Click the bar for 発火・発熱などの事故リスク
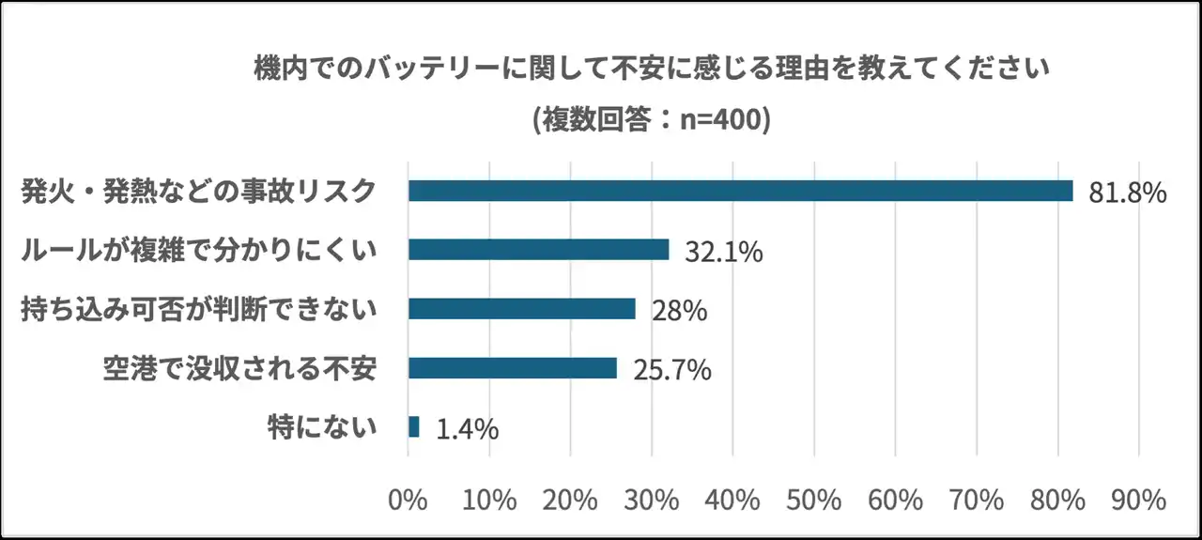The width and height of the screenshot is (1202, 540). click(740, 191)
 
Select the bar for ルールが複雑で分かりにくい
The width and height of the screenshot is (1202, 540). click(538, 250)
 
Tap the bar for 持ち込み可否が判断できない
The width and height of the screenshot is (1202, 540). click(521, 309)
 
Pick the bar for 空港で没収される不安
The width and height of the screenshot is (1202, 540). click(512, 368)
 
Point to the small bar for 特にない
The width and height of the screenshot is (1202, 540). click(413, 427)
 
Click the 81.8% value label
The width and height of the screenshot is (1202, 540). click(1127, 193)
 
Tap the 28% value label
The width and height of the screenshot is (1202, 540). click(679, 311)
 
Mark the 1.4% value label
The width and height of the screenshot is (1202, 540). click(466, 429)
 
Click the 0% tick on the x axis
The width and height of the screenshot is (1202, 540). click(408, 499)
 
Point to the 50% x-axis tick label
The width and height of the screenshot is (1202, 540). click(814, 499)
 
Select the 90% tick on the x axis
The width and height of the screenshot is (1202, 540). click(1139, 499)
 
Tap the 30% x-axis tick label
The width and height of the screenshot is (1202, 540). click(652, 499)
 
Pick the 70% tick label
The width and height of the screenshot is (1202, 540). click(977, 499)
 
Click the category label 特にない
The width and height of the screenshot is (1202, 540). click(322, 427)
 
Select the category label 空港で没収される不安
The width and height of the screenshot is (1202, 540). click(239, 368)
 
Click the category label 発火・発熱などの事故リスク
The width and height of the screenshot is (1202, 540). click(198, 191)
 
